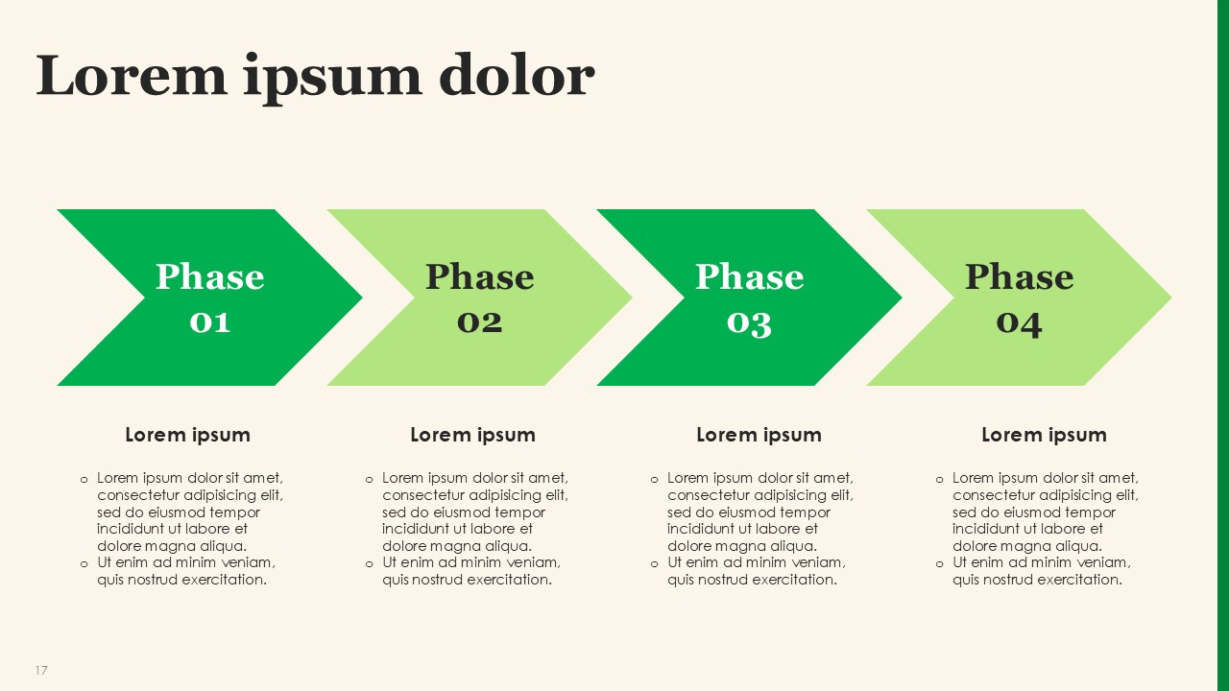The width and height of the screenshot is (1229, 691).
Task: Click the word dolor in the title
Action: [x=517, y=75]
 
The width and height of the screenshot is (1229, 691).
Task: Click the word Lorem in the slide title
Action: [x=132, y=75]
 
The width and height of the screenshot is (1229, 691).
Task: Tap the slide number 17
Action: [x=41, y=670]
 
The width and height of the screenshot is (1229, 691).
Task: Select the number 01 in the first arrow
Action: [x=209, y=322]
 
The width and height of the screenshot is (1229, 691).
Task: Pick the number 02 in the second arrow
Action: [x=479, y=322]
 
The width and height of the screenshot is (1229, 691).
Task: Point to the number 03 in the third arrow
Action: [x=750, y=324]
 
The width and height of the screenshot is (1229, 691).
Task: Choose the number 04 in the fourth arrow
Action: [x=1020, y=324]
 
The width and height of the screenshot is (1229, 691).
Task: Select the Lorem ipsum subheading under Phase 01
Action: [x=187, y=435]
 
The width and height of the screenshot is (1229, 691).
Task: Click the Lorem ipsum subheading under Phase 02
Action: [x=473, y=435]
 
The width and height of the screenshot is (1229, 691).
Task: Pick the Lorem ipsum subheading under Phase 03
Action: [x=759, y=435]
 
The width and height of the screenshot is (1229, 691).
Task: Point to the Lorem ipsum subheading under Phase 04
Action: [x=1044, y=435]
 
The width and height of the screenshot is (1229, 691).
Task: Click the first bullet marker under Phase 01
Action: [x=84, y=480]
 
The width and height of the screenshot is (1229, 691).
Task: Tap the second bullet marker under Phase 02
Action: [x=370, y=564]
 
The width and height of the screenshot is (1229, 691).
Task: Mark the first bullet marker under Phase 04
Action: [x=939, y=480]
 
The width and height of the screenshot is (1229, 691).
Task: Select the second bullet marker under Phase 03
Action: [x=654, y=564]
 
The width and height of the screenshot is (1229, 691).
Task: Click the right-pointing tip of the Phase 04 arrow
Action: [x=1171, y=298]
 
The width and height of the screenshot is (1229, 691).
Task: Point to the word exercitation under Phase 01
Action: [x=225, y=580]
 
